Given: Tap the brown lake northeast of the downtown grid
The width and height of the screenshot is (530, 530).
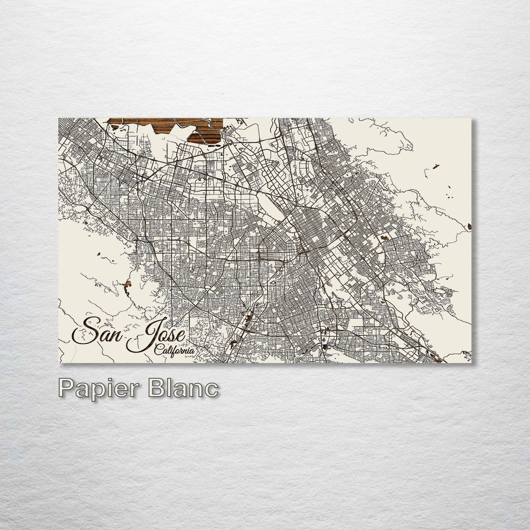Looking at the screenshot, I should [385, 238].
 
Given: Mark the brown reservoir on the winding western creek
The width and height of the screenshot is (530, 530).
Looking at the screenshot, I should [128, 285].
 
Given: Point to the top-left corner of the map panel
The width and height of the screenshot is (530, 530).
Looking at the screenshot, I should [59, 118].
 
